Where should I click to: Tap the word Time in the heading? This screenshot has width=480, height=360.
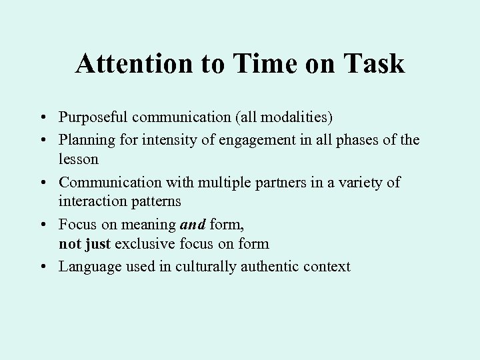pos(259,64)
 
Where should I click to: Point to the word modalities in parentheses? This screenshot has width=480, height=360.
pos(300,117)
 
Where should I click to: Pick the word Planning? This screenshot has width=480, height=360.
pos(83,141)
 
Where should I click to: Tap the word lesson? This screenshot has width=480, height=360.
pos(79,159)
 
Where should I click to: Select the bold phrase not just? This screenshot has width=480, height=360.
pos(84,243)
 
